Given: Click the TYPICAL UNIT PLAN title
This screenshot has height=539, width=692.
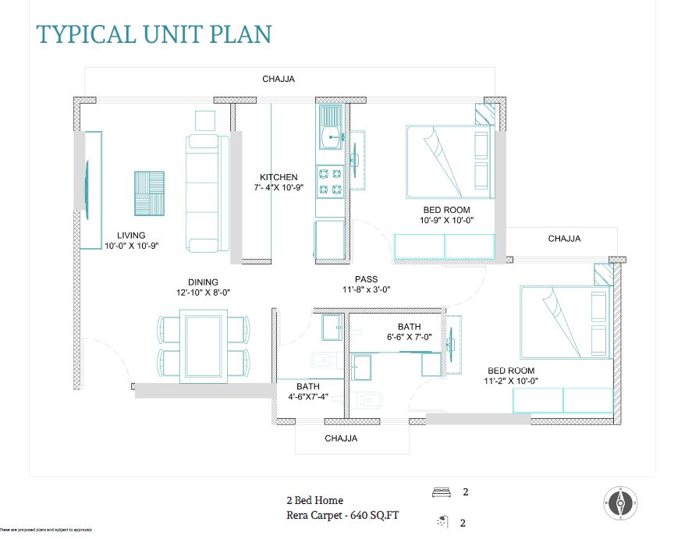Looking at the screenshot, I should pos(154,34).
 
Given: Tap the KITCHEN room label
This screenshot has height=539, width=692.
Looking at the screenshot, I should pos(279,177).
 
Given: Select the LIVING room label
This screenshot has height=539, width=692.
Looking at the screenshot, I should pos(131,235).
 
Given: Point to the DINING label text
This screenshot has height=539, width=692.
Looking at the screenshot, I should pos(203,282).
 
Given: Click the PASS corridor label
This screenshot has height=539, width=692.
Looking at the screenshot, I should pos(366,279).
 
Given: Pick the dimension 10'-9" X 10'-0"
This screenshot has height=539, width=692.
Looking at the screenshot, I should pos(447,220).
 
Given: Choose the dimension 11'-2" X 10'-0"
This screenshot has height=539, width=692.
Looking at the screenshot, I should pos(513,381).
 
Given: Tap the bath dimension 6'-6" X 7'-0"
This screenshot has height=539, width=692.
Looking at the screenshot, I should pos(409,337).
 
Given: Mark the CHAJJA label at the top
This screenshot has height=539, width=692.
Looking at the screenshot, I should pos(279,79).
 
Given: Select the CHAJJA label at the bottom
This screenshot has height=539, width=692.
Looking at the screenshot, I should pos(341,438).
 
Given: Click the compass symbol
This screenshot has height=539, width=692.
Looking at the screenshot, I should pos(619,503).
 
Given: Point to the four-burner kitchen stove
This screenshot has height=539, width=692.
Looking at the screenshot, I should pos(330,181).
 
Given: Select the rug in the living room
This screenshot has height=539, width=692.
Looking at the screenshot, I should pos(149,193).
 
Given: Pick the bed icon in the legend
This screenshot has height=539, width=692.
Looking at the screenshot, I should pos(441,492).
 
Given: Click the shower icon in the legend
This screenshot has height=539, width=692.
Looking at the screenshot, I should pos(442,521).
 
